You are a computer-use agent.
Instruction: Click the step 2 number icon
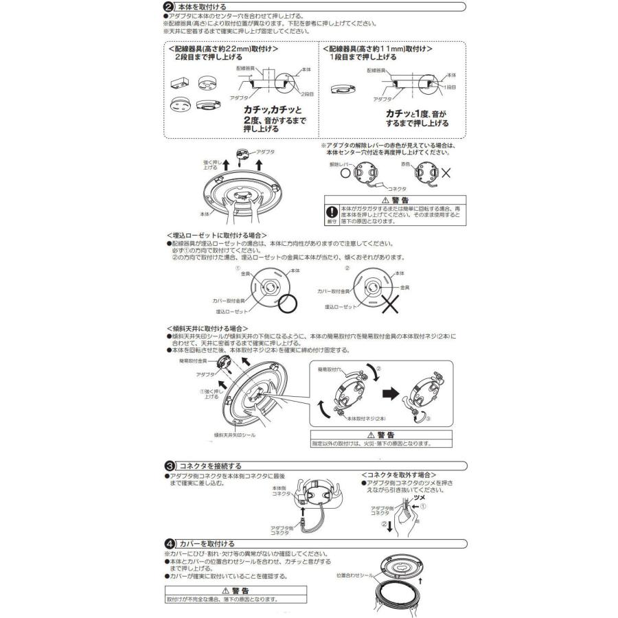pyautogui.click(x=169, y=6)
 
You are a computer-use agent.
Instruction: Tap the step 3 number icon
pyautogui.click(x=169, y=465)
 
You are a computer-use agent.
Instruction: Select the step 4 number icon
pyautogui.click(x=169, y=543)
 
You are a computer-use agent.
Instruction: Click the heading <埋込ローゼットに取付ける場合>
pyautogui.click(x=216, y=235)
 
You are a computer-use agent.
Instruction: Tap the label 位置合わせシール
pyautogui.click(x=355, y=574)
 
